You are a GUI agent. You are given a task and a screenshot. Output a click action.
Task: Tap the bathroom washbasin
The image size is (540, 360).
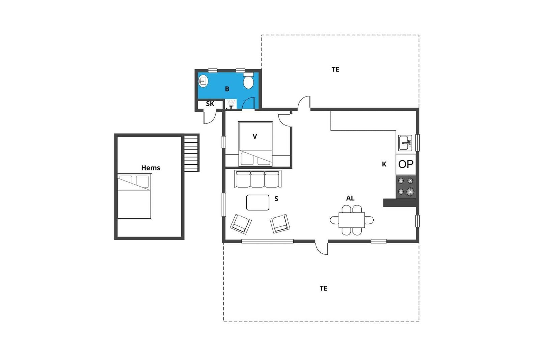coord(203,81)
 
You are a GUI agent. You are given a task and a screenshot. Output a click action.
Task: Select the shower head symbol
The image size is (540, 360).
coord(231,103)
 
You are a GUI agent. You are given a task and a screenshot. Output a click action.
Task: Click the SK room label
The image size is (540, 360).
coord(210,104)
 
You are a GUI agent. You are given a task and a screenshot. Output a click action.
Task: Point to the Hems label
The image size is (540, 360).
coord(151,168)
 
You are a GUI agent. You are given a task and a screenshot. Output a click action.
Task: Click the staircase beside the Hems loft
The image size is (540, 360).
coord(191,153)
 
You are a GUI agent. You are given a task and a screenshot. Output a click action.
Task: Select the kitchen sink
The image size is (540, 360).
coord(405,143)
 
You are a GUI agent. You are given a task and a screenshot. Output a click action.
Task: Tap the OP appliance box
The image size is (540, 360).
coord(406,164)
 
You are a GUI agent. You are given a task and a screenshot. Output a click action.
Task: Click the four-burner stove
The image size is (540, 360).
coord(406,187)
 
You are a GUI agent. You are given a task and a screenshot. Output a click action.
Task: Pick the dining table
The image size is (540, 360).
coord(352,220)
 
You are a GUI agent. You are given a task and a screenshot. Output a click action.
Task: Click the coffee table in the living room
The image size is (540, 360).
coord(258,202)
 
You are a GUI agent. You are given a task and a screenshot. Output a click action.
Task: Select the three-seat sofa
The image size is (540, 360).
coord(258,179)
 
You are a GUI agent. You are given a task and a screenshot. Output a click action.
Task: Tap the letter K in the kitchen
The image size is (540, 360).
coord(384,164)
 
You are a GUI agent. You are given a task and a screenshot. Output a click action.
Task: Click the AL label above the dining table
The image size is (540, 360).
coord(350,198)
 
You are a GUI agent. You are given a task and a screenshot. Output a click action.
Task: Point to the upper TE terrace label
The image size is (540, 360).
coord(335,70)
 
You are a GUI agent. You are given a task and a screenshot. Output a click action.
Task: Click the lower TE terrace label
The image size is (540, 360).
coord(323,288)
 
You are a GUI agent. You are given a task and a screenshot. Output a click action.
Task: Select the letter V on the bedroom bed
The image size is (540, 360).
coord(255,137)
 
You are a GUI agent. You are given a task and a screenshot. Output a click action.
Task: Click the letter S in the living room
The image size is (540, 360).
coord(276,199)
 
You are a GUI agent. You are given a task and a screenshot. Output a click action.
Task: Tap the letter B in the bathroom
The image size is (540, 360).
coord(227,89)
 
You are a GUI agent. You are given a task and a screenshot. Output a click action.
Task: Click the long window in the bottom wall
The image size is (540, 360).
coord(267,241)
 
